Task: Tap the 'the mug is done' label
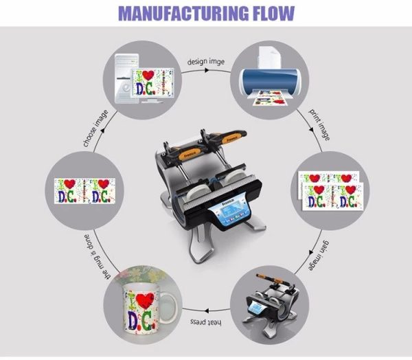[90, 258]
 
